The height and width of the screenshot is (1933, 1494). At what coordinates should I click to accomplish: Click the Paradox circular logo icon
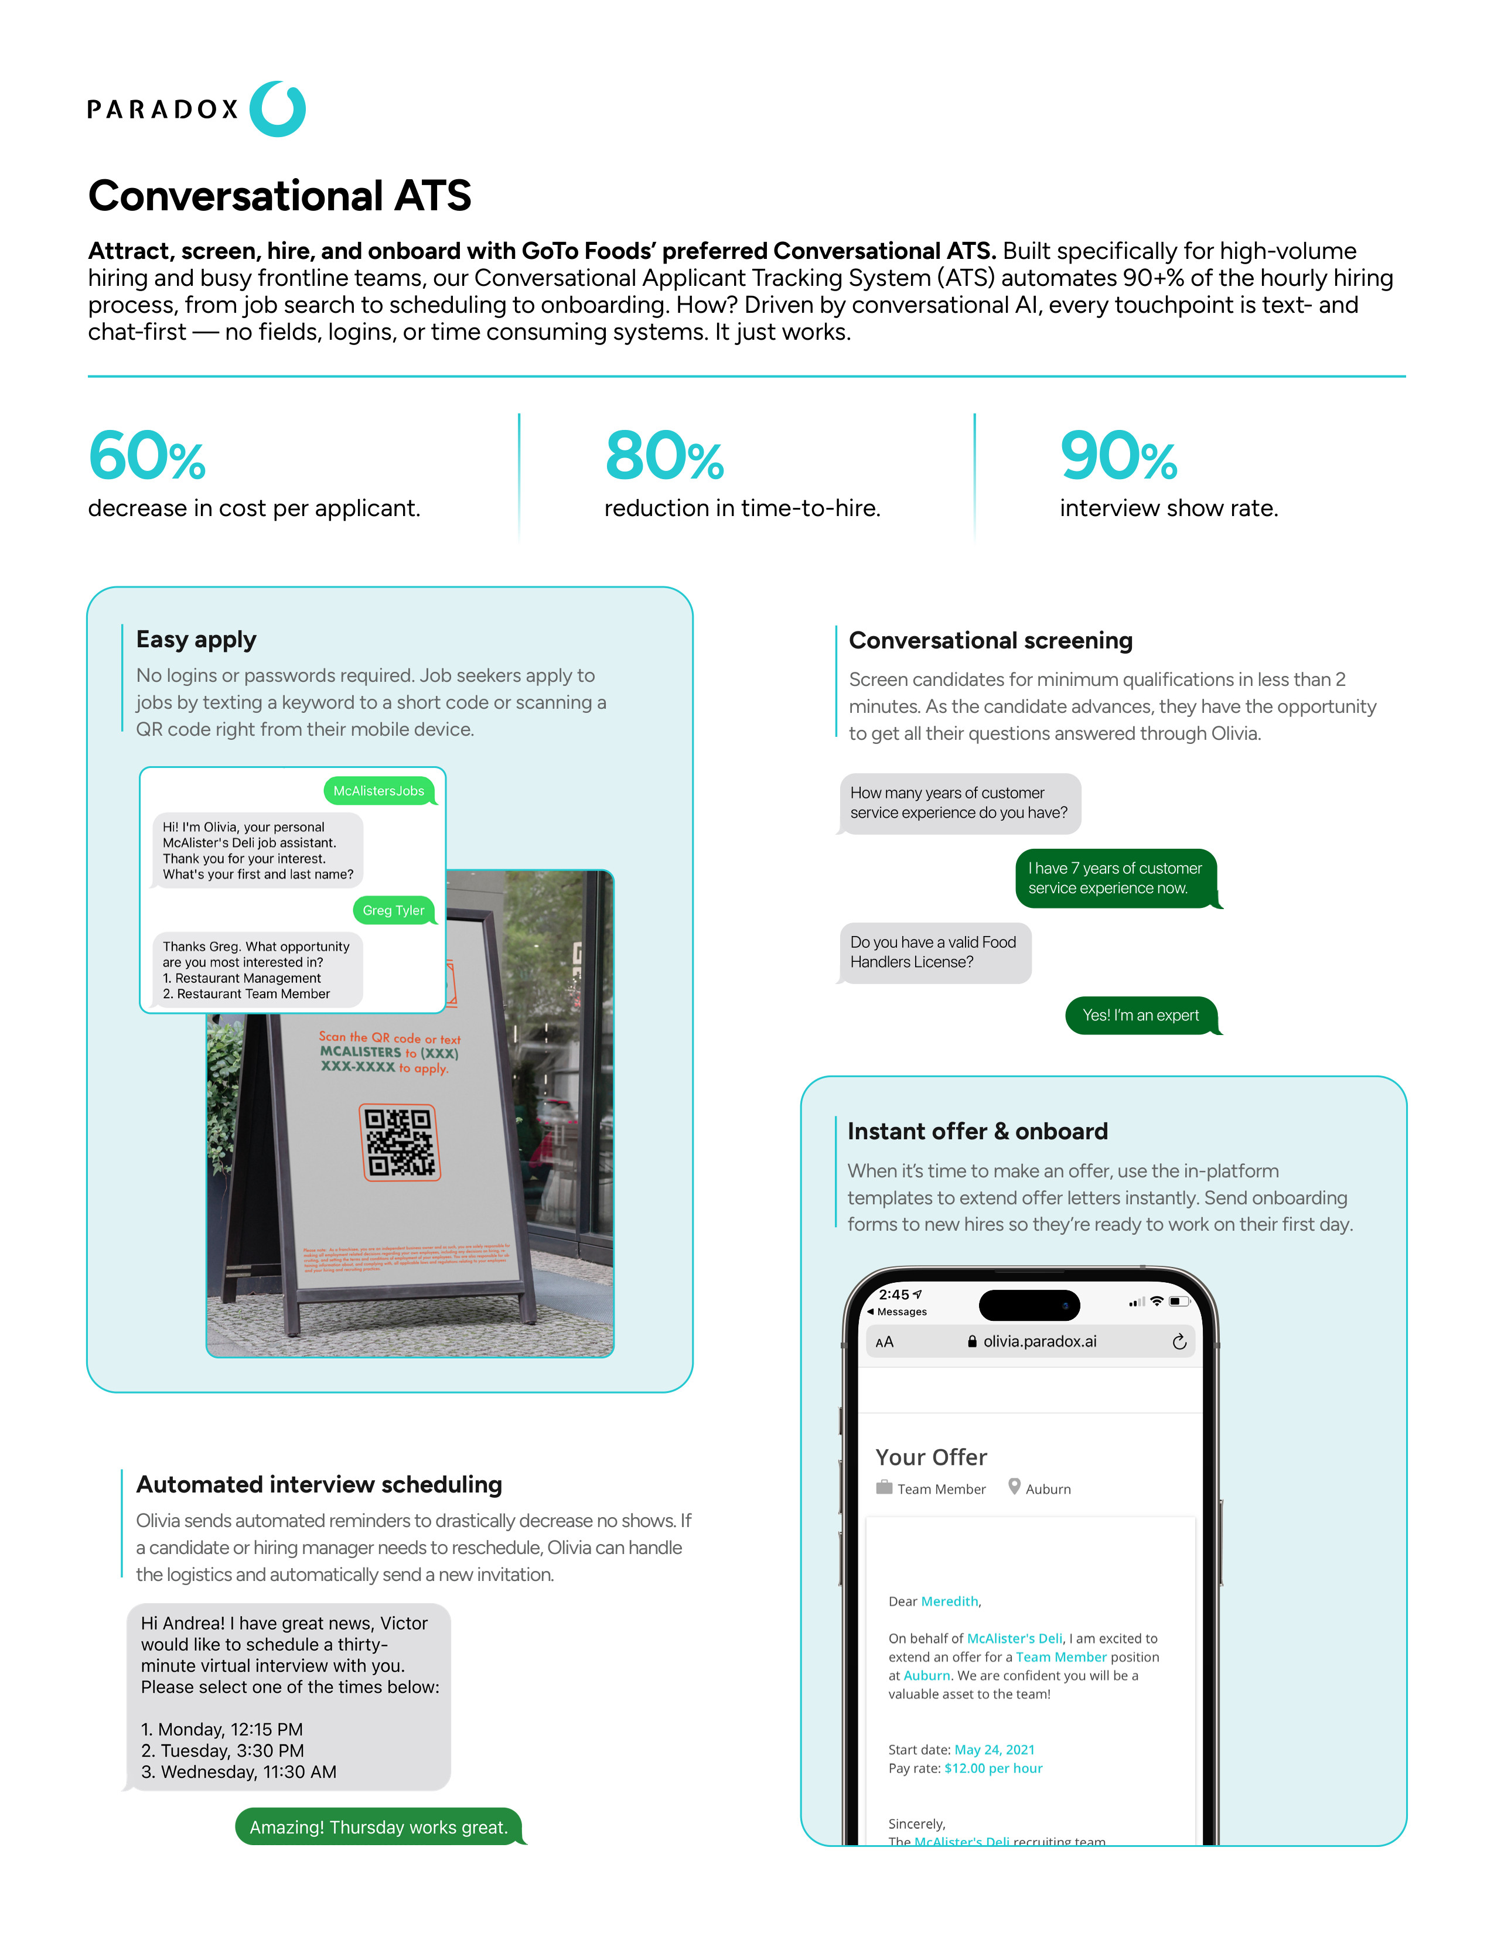[x=277, y=109]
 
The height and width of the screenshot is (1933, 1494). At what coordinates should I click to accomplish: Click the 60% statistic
[x=147, y=457]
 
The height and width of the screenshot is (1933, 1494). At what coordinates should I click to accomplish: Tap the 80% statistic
[x=664, y=457]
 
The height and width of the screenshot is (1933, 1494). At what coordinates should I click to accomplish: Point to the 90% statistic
[x=1118, y=457]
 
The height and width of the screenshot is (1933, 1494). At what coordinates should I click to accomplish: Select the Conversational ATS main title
[x=279, y=196]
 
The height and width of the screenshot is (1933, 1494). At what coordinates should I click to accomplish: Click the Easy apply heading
[x=196, y=640]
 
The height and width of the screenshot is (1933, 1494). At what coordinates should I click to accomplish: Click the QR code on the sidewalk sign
[x=400, y=1142]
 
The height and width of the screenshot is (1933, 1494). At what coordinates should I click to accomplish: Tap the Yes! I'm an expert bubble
[x=1140, y=1015]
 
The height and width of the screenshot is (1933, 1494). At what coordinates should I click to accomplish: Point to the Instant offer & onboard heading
[x=977, y=1131]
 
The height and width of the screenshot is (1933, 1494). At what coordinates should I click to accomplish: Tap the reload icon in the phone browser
[x=1179, y=1343]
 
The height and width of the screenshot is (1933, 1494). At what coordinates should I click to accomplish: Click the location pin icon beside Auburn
[x=1014, y=1487]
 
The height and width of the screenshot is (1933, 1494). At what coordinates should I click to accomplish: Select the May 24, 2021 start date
[x=994, y=1750]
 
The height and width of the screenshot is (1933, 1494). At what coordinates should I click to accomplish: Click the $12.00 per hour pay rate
[x=993, y=1768]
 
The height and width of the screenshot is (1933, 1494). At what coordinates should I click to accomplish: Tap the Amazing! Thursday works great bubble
[x=379, y=1828]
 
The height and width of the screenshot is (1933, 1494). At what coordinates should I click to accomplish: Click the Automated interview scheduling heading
[x=319, y=1484]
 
